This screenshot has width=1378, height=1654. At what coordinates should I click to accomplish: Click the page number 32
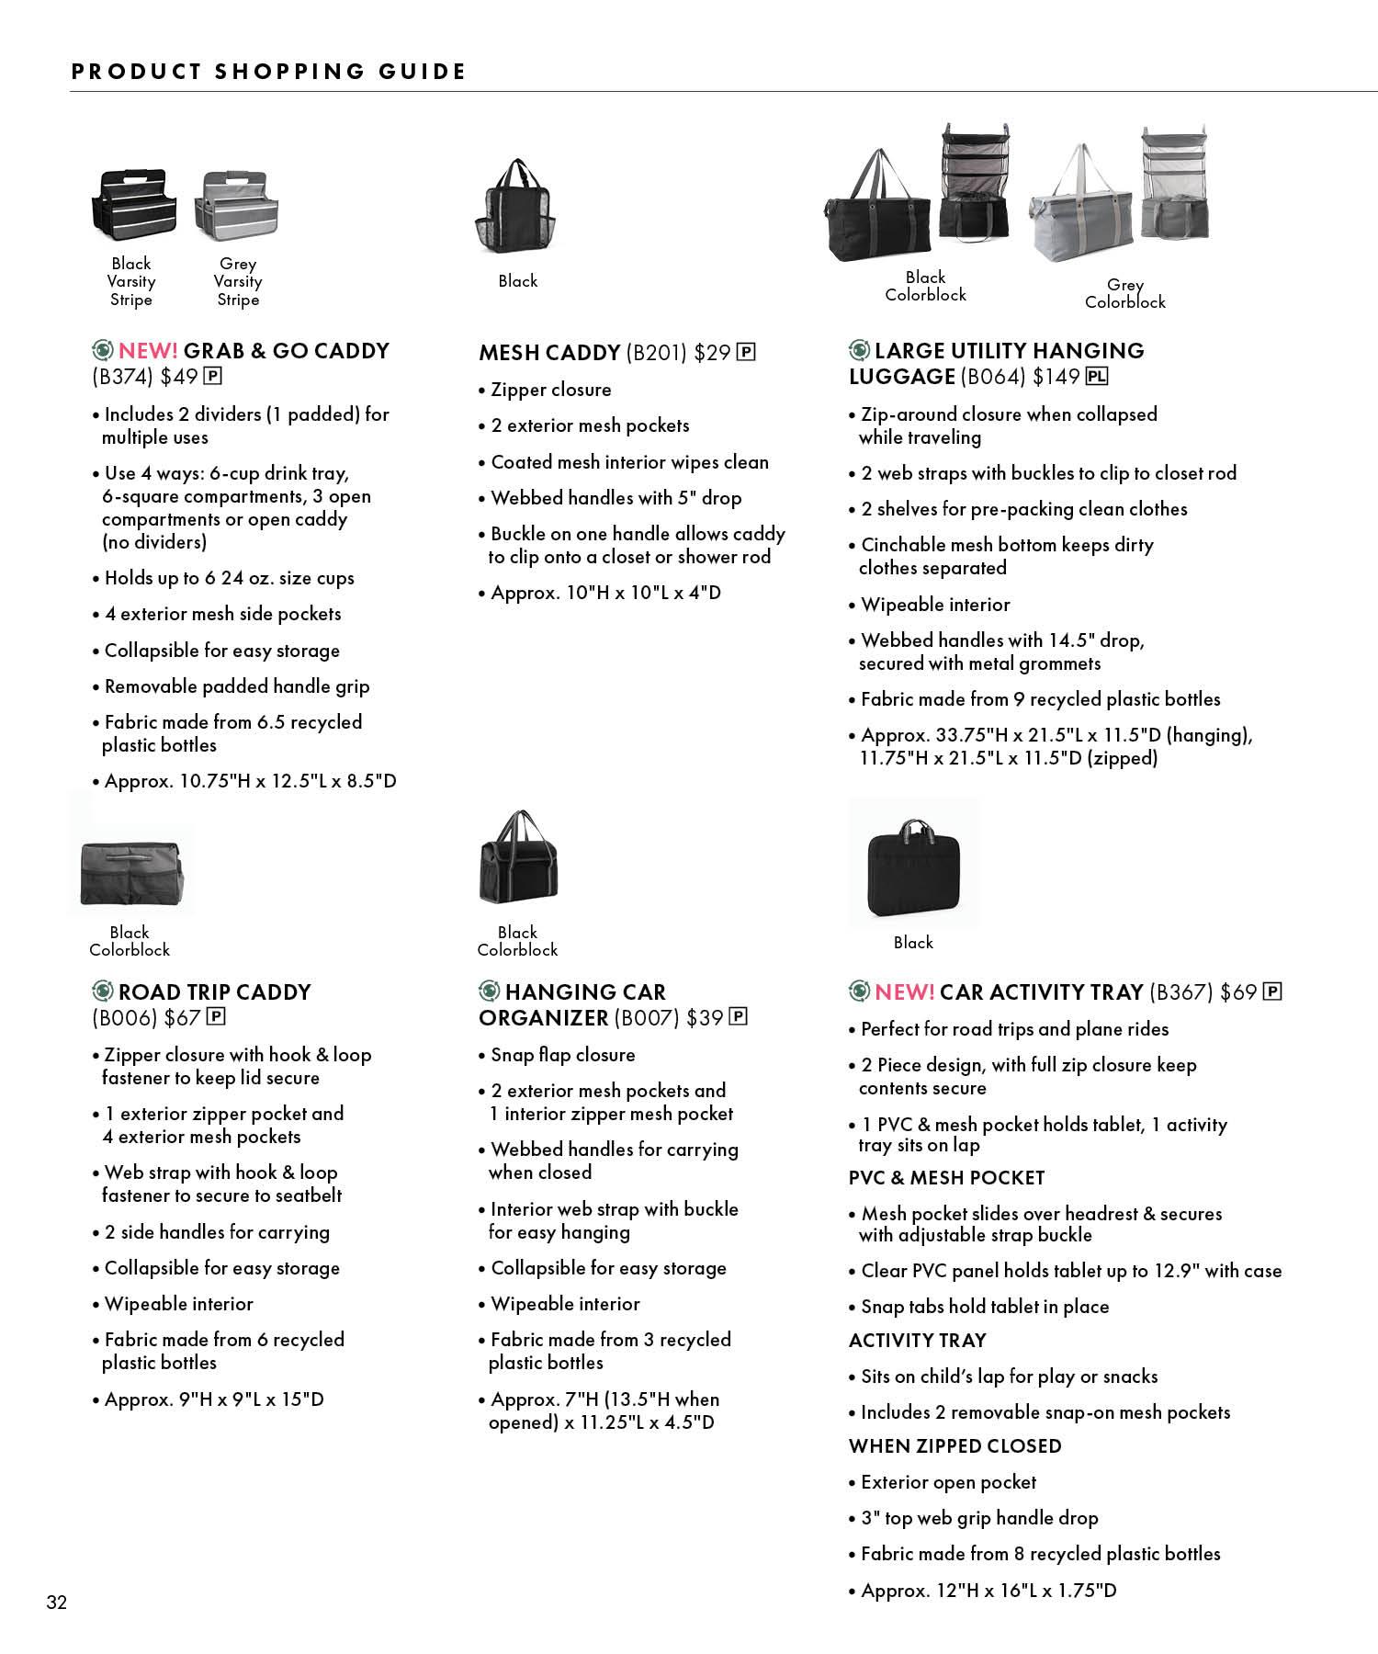click(x=57, y=1603)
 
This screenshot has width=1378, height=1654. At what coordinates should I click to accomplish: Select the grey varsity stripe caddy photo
click(x=237, y=205)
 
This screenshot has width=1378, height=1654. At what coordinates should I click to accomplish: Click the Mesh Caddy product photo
click(x=516, y=206)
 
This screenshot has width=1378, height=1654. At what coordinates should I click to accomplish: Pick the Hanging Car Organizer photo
click(x=518, y=859)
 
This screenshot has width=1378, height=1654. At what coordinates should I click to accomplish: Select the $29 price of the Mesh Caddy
click(x=712, y=353)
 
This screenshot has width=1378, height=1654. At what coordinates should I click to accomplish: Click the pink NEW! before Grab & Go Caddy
click(x=148, y=351)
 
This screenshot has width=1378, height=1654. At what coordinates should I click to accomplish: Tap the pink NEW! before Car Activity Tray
click(x=904, y=992)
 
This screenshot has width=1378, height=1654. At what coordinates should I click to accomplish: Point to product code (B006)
click(x=123, y=1018)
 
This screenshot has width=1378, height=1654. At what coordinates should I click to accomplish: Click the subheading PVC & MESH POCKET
click(x=946, y=1178)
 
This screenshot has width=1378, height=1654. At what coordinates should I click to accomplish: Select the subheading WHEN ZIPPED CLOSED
click(x=954, y=1446)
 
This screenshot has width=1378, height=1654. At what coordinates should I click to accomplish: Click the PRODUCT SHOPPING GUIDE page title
click(x=268, y=72)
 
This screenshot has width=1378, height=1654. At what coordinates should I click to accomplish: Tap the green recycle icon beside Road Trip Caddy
click(x=102, y=991)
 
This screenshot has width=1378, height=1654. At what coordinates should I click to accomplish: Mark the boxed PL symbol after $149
click(x=1097, y=376)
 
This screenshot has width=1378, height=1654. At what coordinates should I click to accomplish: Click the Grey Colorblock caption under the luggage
click(x=1124, y=294)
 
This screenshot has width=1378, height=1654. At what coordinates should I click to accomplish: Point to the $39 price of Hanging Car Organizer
click(x=704, y=1018)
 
